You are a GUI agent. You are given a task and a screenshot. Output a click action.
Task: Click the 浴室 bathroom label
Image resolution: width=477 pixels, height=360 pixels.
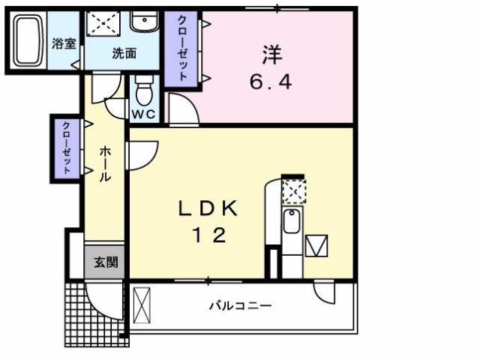[64, 43]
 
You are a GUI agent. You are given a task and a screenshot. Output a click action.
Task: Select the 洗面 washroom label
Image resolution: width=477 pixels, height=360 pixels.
[124, 53]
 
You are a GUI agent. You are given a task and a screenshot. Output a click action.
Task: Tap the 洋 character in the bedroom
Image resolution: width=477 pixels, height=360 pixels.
[271, 55]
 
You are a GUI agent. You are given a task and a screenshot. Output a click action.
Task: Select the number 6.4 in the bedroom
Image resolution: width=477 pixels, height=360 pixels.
[270, 80]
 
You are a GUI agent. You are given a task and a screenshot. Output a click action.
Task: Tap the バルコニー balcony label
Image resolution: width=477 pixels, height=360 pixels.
[239, 306]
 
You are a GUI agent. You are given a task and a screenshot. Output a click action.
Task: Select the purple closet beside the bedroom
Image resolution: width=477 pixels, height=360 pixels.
[183, 47]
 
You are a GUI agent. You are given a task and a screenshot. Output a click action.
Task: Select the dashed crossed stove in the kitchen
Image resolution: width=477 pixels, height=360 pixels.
[292, 193]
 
